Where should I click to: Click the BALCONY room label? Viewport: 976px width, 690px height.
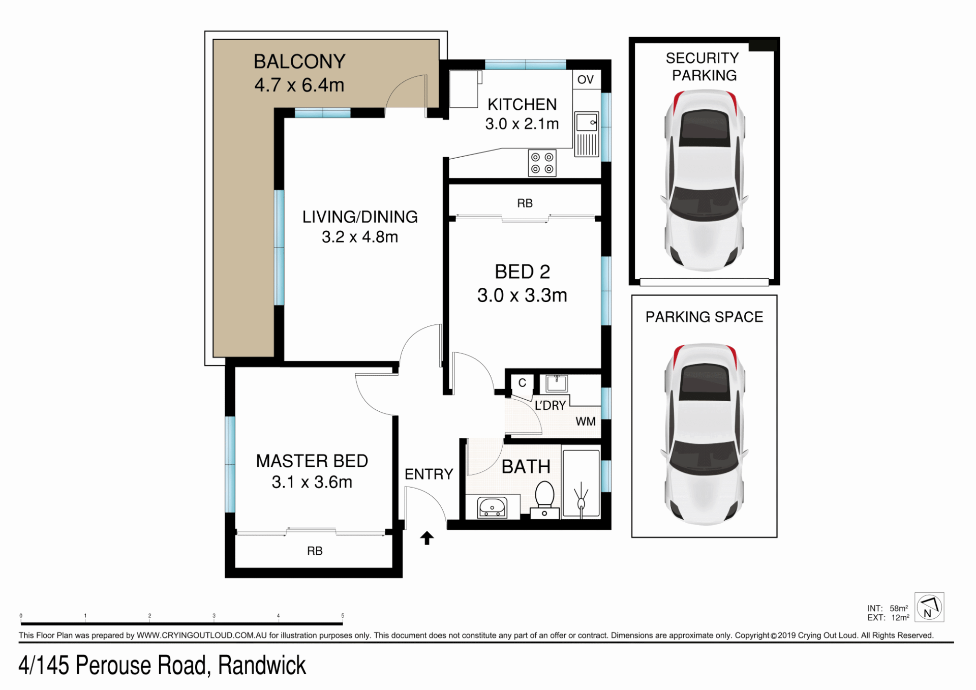(299, 62)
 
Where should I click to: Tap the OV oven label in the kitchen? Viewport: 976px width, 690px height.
(585, 79)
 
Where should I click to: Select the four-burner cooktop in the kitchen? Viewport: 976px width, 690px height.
(542, 163)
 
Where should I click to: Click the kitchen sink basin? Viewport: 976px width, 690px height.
(587, 123)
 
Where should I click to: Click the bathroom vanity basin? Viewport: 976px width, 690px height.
(492, 507)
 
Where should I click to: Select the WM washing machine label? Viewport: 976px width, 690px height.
(586, 422)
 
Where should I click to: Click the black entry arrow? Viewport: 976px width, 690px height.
(427, 537)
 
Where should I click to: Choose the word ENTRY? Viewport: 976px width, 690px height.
(429, 474)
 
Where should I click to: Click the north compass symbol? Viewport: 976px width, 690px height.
(929, 607)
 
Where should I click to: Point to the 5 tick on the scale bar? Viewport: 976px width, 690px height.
(343, 616)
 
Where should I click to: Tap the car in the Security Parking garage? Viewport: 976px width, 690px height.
(705, 181)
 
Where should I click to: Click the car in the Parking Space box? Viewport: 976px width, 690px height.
(705, 434)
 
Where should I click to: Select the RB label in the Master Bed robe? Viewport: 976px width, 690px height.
(315, 551)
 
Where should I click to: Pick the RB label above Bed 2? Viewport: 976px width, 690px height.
(525, 203)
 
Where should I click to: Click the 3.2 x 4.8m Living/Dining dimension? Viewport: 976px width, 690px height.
(360, 237)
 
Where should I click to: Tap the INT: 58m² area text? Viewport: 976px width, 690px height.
(888, 608)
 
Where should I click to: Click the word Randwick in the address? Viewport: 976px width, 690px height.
(262, 666)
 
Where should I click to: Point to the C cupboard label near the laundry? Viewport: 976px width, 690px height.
(522, 383)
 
